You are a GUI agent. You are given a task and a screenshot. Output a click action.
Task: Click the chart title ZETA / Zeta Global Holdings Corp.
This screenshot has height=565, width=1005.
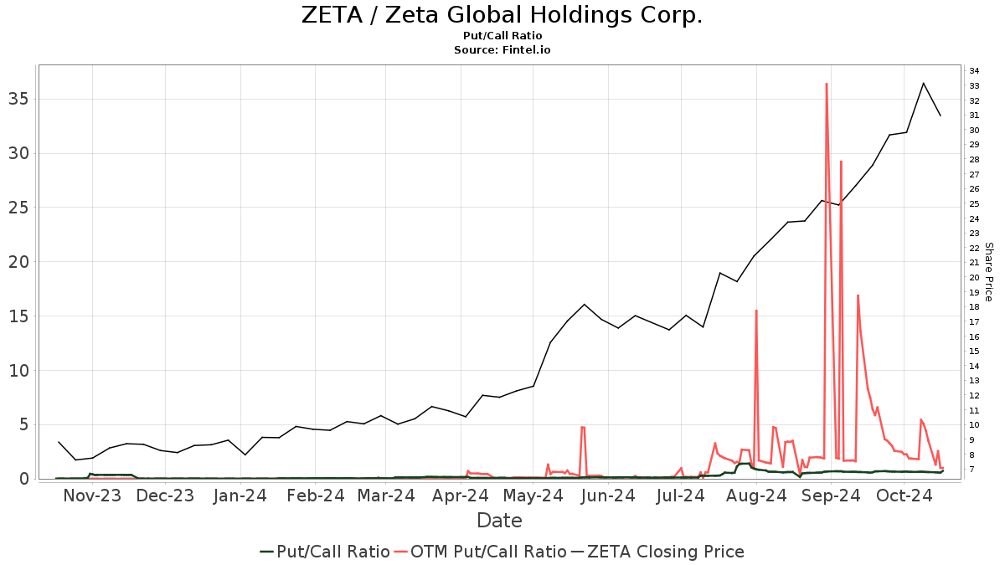click(502, 15)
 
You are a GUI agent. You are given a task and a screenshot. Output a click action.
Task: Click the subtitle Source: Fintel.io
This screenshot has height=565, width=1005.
click(502, 50)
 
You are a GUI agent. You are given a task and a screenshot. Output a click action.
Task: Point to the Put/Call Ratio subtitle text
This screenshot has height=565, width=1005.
click(502, 36)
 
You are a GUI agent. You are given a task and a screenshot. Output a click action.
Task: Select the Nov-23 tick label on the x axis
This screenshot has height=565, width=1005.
click(92, 496)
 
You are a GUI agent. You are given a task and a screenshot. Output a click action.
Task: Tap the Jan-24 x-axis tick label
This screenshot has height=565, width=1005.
click(240, 496)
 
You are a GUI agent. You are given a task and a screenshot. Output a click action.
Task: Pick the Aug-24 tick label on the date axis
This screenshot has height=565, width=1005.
click(757, 496)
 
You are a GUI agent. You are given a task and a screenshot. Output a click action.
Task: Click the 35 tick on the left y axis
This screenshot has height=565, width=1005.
click(21, 99)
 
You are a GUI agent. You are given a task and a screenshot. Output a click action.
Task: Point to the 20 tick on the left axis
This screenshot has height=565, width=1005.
click(21, 262)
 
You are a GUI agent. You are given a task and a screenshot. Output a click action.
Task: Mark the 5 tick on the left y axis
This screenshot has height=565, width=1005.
click(25, 424)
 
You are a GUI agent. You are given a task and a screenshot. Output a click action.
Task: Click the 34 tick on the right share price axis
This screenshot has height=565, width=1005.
click(975, 70)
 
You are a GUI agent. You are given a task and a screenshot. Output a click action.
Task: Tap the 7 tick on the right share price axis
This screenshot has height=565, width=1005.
click(972, 470)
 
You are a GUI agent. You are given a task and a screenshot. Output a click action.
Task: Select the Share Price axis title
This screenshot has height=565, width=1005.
click(988, 272)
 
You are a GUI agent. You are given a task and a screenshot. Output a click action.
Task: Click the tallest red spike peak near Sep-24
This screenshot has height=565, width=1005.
click(826, 84)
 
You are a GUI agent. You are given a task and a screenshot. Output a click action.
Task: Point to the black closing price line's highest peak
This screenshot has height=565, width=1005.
click(923, 83)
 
